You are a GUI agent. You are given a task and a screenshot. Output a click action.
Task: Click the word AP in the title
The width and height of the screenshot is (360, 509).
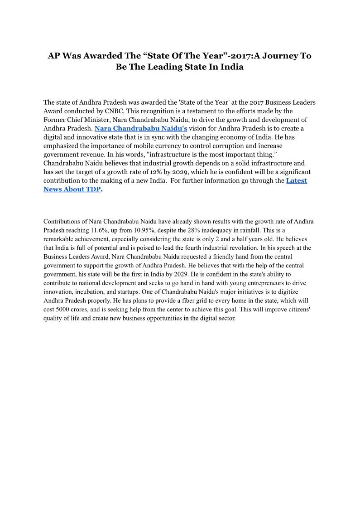pos(54,56)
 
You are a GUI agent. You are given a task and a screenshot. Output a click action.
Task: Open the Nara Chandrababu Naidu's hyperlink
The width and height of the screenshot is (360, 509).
pos(141,128)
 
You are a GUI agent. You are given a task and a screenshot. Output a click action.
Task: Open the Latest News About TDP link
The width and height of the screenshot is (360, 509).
pos(297,180)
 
